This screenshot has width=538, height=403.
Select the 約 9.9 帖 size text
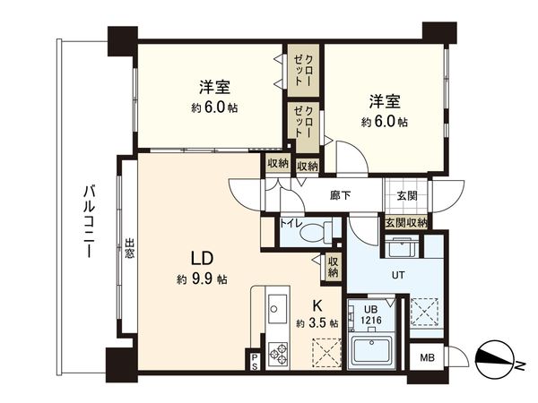pyautogui.click(x=201, y=280)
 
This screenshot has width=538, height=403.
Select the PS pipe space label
pyautogui.click(x=254, y=363)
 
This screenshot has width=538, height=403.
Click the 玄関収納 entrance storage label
pyautogui.click(x=406, y=222)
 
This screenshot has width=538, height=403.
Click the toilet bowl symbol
pyautogui.click(x=314, y=234)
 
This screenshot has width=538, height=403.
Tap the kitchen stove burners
pyautogui.click(x=276, y=354)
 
